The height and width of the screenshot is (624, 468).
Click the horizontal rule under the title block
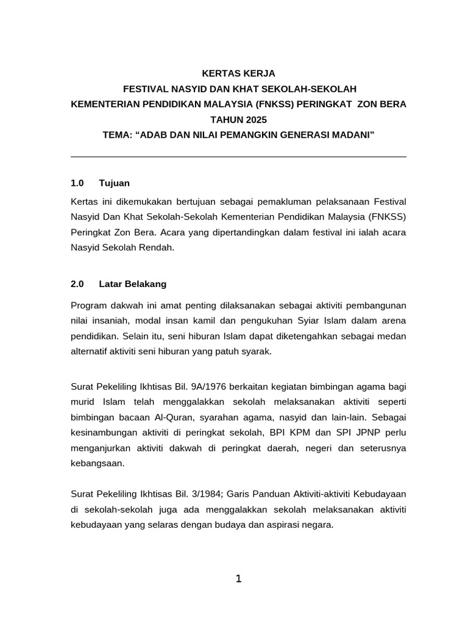click(x=238, y=157)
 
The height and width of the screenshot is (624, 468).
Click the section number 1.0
click(x=77, y=183)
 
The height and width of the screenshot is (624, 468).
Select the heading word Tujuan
click(x=114, y=183)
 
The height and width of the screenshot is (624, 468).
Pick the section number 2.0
click(x=77, y=284)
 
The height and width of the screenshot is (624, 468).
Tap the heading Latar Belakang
click(x=132, y=284)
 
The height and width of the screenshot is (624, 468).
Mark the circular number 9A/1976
click(x=226, y=387)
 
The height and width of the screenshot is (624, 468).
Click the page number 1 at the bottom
click(x=238, y=579)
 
